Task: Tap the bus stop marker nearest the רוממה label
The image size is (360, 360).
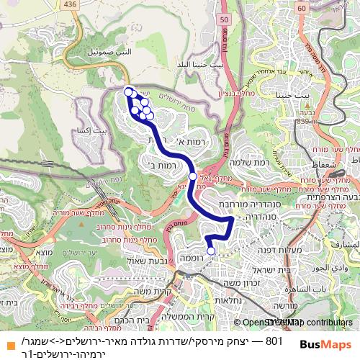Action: pos(211,251)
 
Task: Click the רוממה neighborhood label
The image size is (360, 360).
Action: pos(195,258)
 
